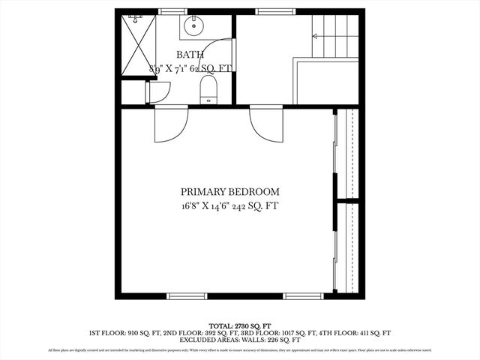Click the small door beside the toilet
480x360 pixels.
pos(157,93)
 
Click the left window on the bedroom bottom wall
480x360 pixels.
pos(186,295)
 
